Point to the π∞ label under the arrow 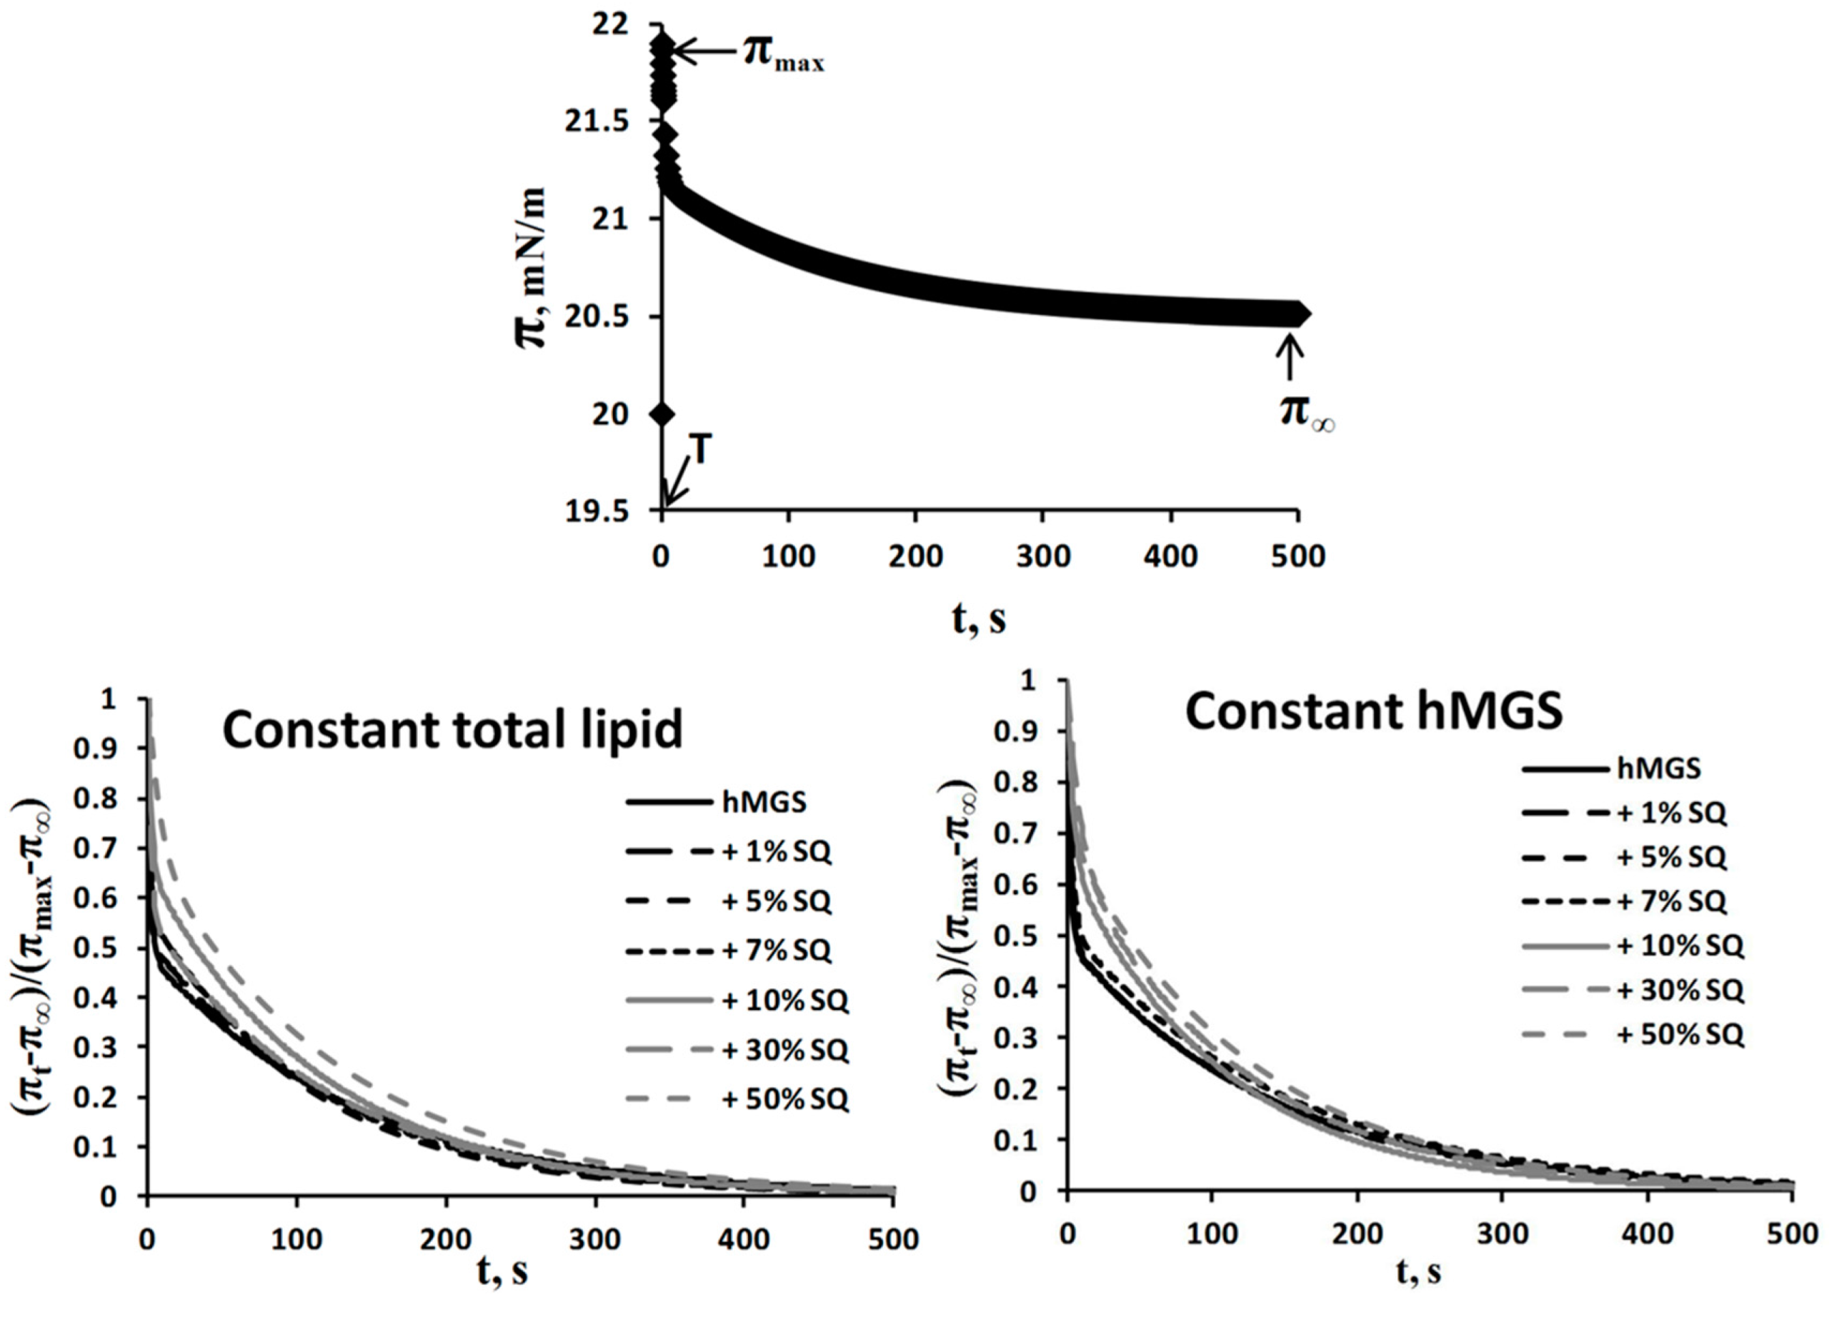coord(1306,412)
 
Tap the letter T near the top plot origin coord(701,451)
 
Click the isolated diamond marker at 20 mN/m coord(662,415)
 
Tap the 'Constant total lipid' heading coord(452,729)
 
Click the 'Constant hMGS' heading coord(1373,711)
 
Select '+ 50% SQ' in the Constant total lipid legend coord(785,1098)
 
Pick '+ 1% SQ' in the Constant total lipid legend coord(777,851)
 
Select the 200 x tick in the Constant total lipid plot coord(447,1238)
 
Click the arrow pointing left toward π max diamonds coord(704,51)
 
